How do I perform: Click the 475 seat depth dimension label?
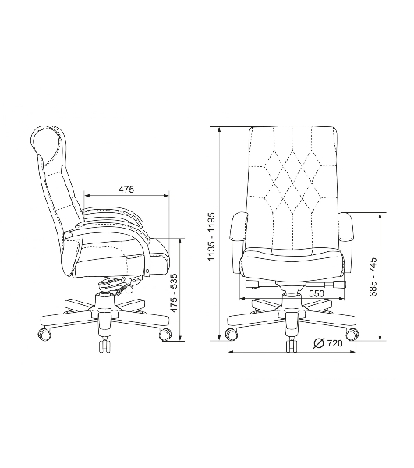(x=126, y=189)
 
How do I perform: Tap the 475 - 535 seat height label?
(x=175, y=292)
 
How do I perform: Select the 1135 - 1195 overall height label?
(x=211, y=236)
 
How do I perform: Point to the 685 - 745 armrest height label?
(x=373, y=277)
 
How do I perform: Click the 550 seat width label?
(x=317, y=294)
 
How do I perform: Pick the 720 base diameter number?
(x=334, y=343)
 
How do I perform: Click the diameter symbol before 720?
(x=319, y=343)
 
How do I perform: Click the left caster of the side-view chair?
(x=44, y=333)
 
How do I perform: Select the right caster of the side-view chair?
(x=165, y=334)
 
